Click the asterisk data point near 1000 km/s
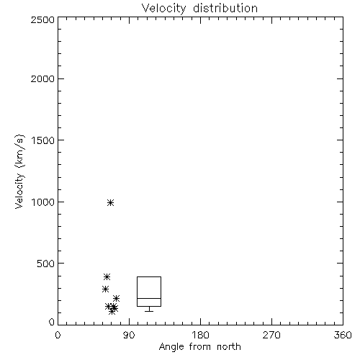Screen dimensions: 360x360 (110, 203)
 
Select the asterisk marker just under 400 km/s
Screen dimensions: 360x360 (107, 277)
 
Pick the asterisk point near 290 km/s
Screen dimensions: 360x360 (105, 289)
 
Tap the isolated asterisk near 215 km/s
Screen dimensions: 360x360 (116, 299)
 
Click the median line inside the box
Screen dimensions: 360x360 (149, 298)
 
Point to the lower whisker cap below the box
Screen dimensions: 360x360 (149, 311)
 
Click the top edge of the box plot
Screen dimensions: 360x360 (149, 277)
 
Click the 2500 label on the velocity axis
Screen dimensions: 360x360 (42, 19)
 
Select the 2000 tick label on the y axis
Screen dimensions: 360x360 (42, 78)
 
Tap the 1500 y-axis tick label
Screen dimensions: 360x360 (43, 140)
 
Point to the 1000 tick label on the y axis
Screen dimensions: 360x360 (43, 202)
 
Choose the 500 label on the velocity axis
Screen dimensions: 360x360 (45, 264)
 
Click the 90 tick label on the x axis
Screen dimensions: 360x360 (129, 335)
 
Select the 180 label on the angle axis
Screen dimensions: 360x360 (200, 335)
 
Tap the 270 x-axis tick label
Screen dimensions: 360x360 (271, 335)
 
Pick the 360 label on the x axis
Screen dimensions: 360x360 (343, 335)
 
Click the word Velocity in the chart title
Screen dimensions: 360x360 (163, 9)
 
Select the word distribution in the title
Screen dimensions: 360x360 (225, 8)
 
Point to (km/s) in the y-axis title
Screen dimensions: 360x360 (19, 151)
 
